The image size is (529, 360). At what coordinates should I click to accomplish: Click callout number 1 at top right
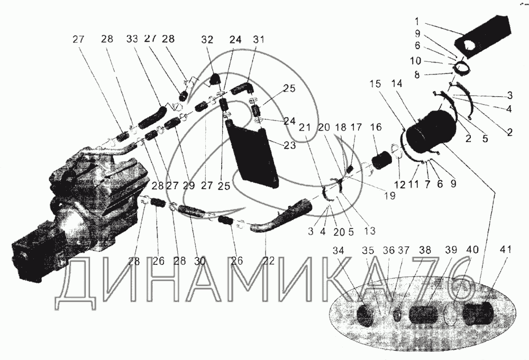point(417,22)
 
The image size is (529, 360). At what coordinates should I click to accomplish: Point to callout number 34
point(339,251)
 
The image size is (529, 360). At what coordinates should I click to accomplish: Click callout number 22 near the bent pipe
point(268,261)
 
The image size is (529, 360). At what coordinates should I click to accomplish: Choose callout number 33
point(132,39)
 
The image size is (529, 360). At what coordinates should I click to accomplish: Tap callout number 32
point(207,40)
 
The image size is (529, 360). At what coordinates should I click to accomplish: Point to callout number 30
point(200,261)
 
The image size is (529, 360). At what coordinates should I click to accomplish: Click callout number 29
point(189,186)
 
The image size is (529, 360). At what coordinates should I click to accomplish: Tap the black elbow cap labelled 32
point(214,79)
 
